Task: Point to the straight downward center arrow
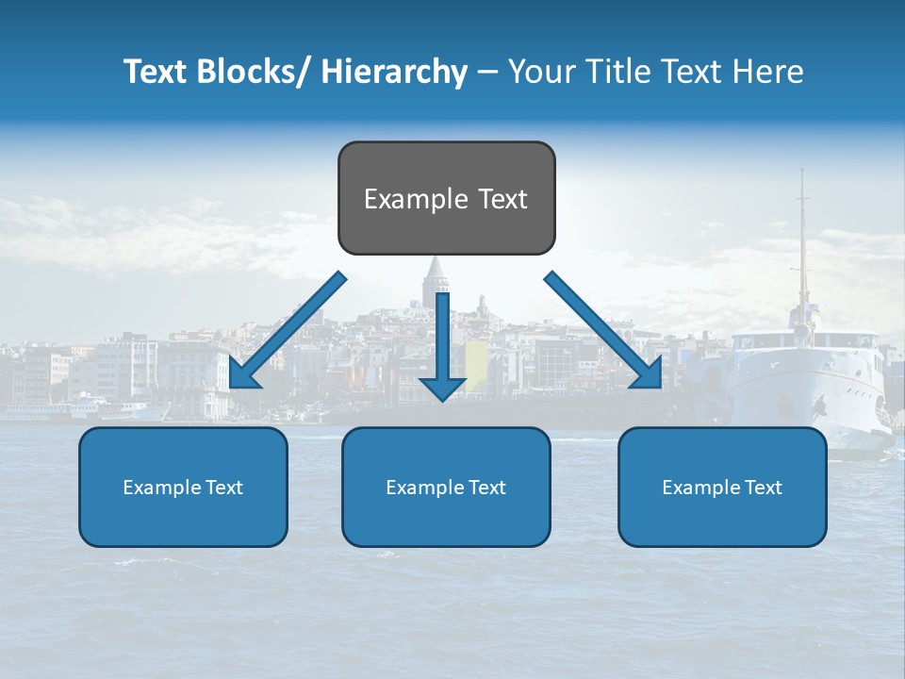tap(442, 339)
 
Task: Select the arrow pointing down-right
tap(603, 332)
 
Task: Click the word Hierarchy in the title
tap(394, 72)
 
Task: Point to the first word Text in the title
tap(157, 72)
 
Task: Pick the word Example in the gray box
tap(406, 200)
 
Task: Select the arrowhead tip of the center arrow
tap(442, 400)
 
